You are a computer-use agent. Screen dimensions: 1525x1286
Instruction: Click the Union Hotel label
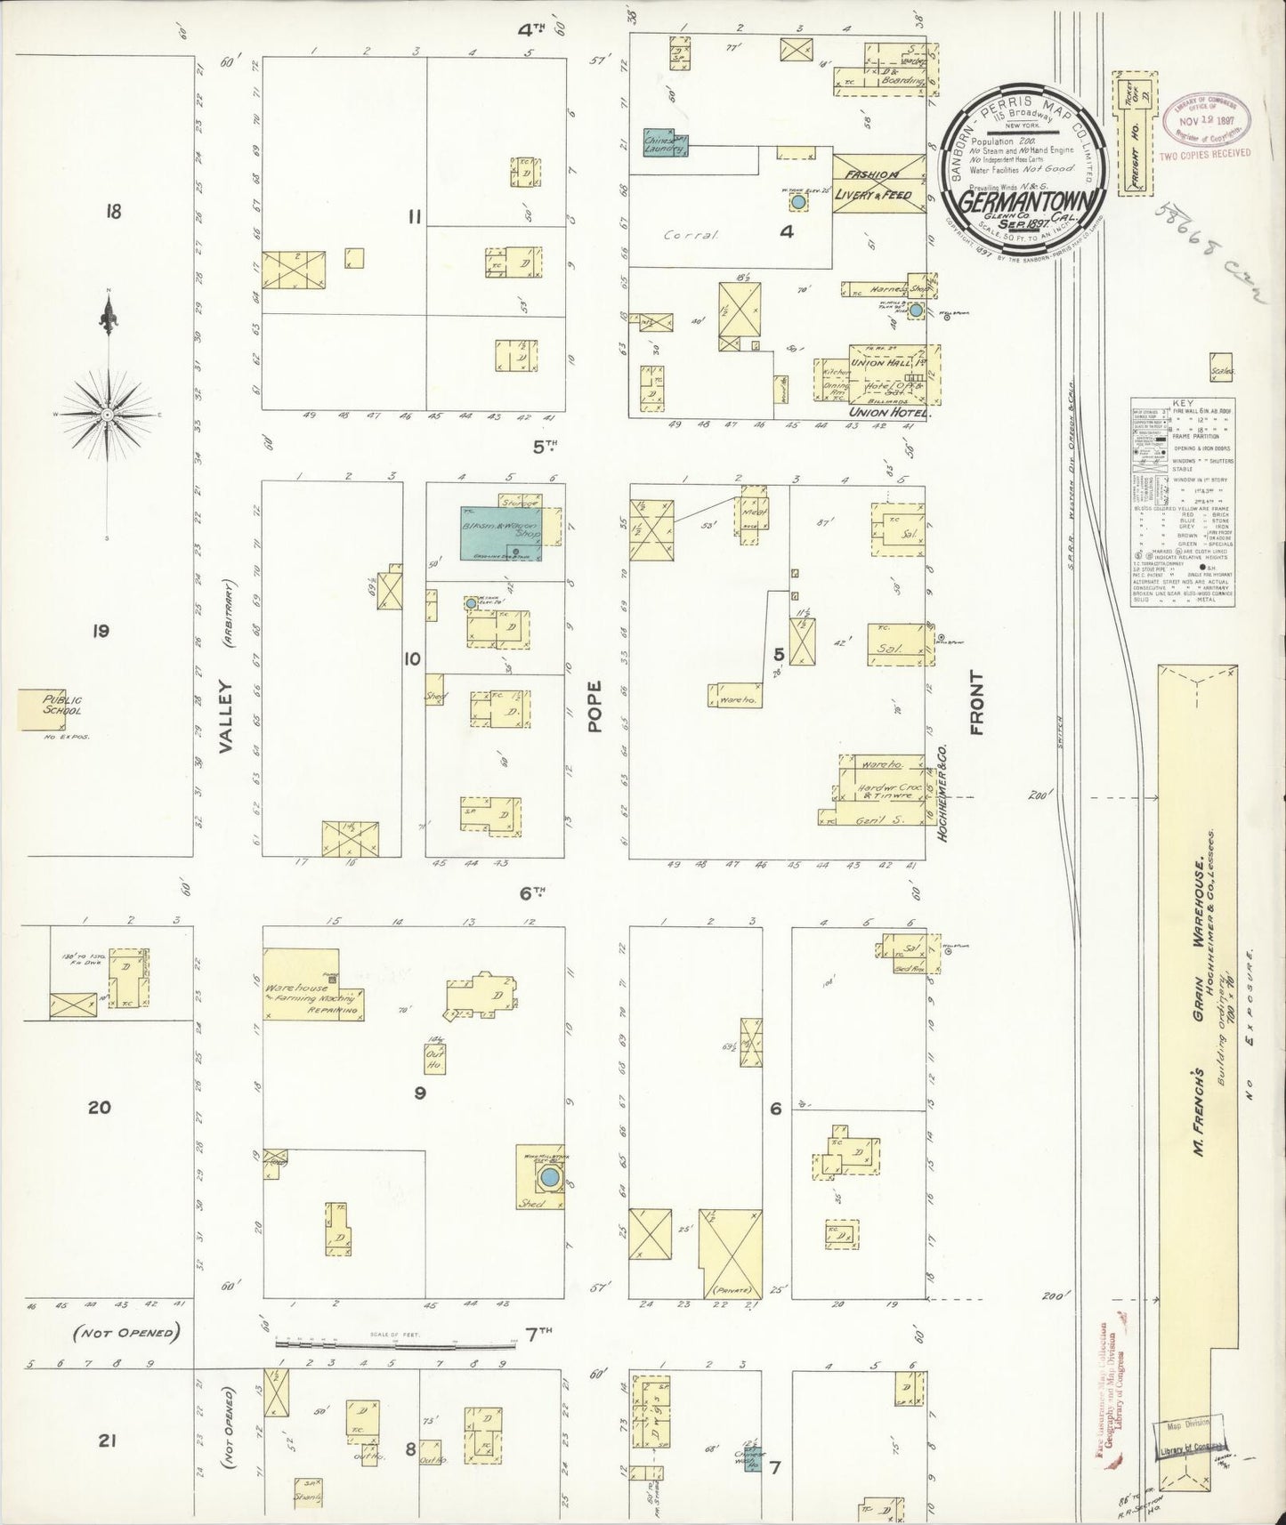(x=887, y=413)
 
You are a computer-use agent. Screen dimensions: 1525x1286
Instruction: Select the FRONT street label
(x=976, y=703)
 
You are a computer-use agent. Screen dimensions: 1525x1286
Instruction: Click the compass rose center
(x=108, y=414)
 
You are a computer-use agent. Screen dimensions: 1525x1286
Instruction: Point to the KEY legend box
(x=1182, y=503)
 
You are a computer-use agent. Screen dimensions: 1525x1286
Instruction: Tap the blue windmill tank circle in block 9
(x=550, y=1179)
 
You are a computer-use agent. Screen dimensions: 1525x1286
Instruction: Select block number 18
(x=111, y=212)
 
